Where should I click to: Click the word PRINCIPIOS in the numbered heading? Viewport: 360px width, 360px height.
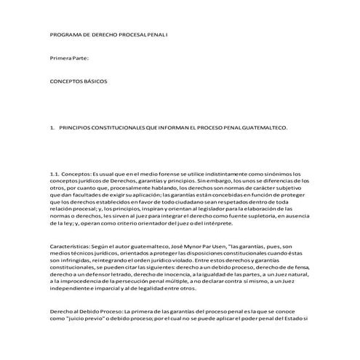(78, 128)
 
